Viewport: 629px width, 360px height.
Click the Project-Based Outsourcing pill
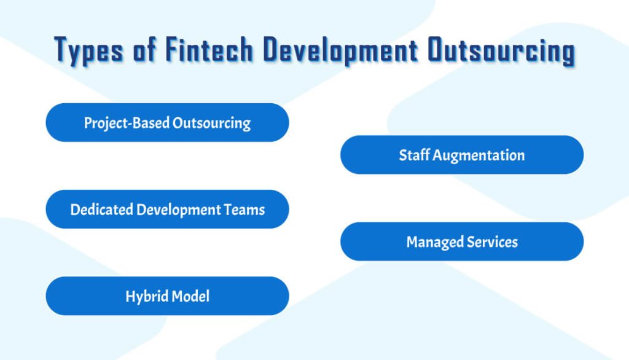(x=167, y=122)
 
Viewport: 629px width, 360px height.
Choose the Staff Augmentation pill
(x=462, y=155)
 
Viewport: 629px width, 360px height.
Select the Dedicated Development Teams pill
(x=167, y=209)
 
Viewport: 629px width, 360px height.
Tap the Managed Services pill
(x=462, y=241)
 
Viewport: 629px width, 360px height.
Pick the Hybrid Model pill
(x=167, y=296)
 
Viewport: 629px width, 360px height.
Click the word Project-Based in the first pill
(x=127, y=122)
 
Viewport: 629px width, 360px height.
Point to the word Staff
(x=414, y=155)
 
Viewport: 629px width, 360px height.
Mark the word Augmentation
(x=479, y=155)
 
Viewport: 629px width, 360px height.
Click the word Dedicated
(x=102, y=209)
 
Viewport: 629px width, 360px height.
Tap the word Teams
(x=244, y=209)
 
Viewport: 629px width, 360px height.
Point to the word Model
(x=190, y=296)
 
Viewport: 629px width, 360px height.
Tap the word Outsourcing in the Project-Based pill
(x=211, y=122)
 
